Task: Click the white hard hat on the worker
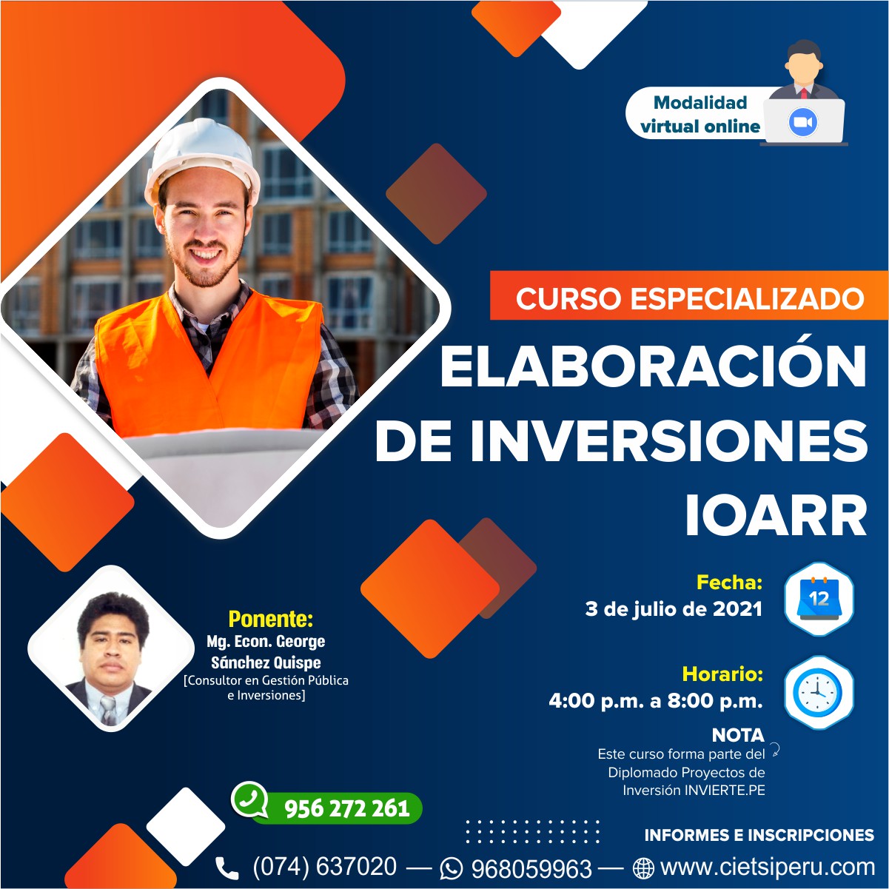click(202, 161)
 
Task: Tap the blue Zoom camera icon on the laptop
click(802, 122)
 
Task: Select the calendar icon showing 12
click(819, 598)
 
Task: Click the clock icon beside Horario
click(819, 692)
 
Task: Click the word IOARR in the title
click(776, 516)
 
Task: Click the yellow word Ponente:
click(271, 619)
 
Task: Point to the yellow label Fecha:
click(729, 583)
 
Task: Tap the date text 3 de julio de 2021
click(674, 609)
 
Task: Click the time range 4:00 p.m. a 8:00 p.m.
click(656, 701)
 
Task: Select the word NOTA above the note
click(738, 735)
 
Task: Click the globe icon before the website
click(643, 868)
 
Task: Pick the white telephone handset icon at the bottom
click(227, 868)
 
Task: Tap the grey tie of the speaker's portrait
click(110, 711)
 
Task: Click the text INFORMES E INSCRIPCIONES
click(759, 835)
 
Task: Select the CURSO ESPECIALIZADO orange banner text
click(690, 299)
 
